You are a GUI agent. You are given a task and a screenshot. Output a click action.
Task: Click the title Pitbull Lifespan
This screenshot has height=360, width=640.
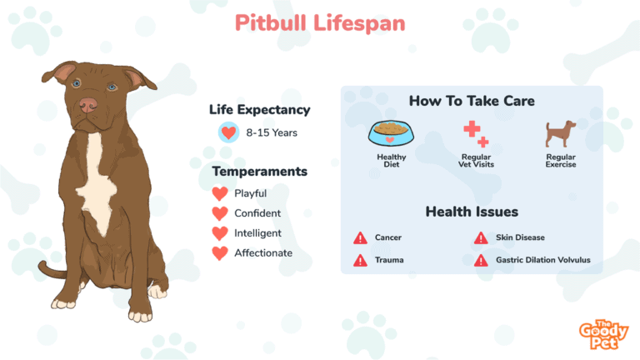(320, 23)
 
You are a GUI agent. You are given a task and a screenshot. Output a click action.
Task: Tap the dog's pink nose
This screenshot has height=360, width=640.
(88, 105)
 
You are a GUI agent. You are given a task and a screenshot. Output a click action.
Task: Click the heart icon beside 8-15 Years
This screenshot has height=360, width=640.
(228, 132)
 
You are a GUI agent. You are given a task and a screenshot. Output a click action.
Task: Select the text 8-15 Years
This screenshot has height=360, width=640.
(272, 132)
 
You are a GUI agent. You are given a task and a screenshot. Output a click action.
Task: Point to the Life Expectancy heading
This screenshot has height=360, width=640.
(260, 110)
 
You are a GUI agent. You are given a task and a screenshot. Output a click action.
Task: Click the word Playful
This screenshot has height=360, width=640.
(250, 193)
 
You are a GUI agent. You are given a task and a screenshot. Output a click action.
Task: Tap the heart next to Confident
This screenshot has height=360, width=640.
(220, 213)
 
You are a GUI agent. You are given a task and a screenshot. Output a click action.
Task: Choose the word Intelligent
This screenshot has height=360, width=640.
(257, 233)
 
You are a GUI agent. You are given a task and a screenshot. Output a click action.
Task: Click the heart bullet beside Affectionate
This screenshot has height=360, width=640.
(220, 253)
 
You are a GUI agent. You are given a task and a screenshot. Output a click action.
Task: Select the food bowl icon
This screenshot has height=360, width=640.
(391, 133)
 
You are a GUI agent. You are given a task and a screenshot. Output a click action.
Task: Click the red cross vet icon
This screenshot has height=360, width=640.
(476, 134)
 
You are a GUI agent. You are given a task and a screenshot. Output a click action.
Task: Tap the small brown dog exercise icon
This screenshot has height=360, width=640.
(560, 133)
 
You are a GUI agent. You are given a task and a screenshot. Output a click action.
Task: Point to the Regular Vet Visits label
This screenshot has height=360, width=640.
(476, 161)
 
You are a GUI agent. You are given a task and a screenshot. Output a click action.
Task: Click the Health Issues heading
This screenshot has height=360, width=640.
(472, 212)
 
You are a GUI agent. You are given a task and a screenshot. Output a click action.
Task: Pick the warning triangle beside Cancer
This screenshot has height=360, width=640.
(360, 237)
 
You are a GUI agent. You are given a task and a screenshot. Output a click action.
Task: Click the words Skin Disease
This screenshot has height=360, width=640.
(520, 237)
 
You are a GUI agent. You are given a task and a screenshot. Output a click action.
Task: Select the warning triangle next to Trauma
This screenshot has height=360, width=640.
(360, 260)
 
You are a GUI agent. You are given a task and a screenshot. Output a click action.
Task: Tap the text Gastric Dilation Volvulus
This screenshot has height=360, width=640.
(542, 260)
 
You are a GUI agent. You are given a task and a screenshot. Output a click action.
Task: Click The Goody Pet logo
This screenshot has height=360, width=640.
(603, 334)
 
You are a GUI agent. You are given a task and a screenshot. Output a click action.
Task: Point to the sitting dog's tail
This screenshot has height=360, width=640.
(51, 270)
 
